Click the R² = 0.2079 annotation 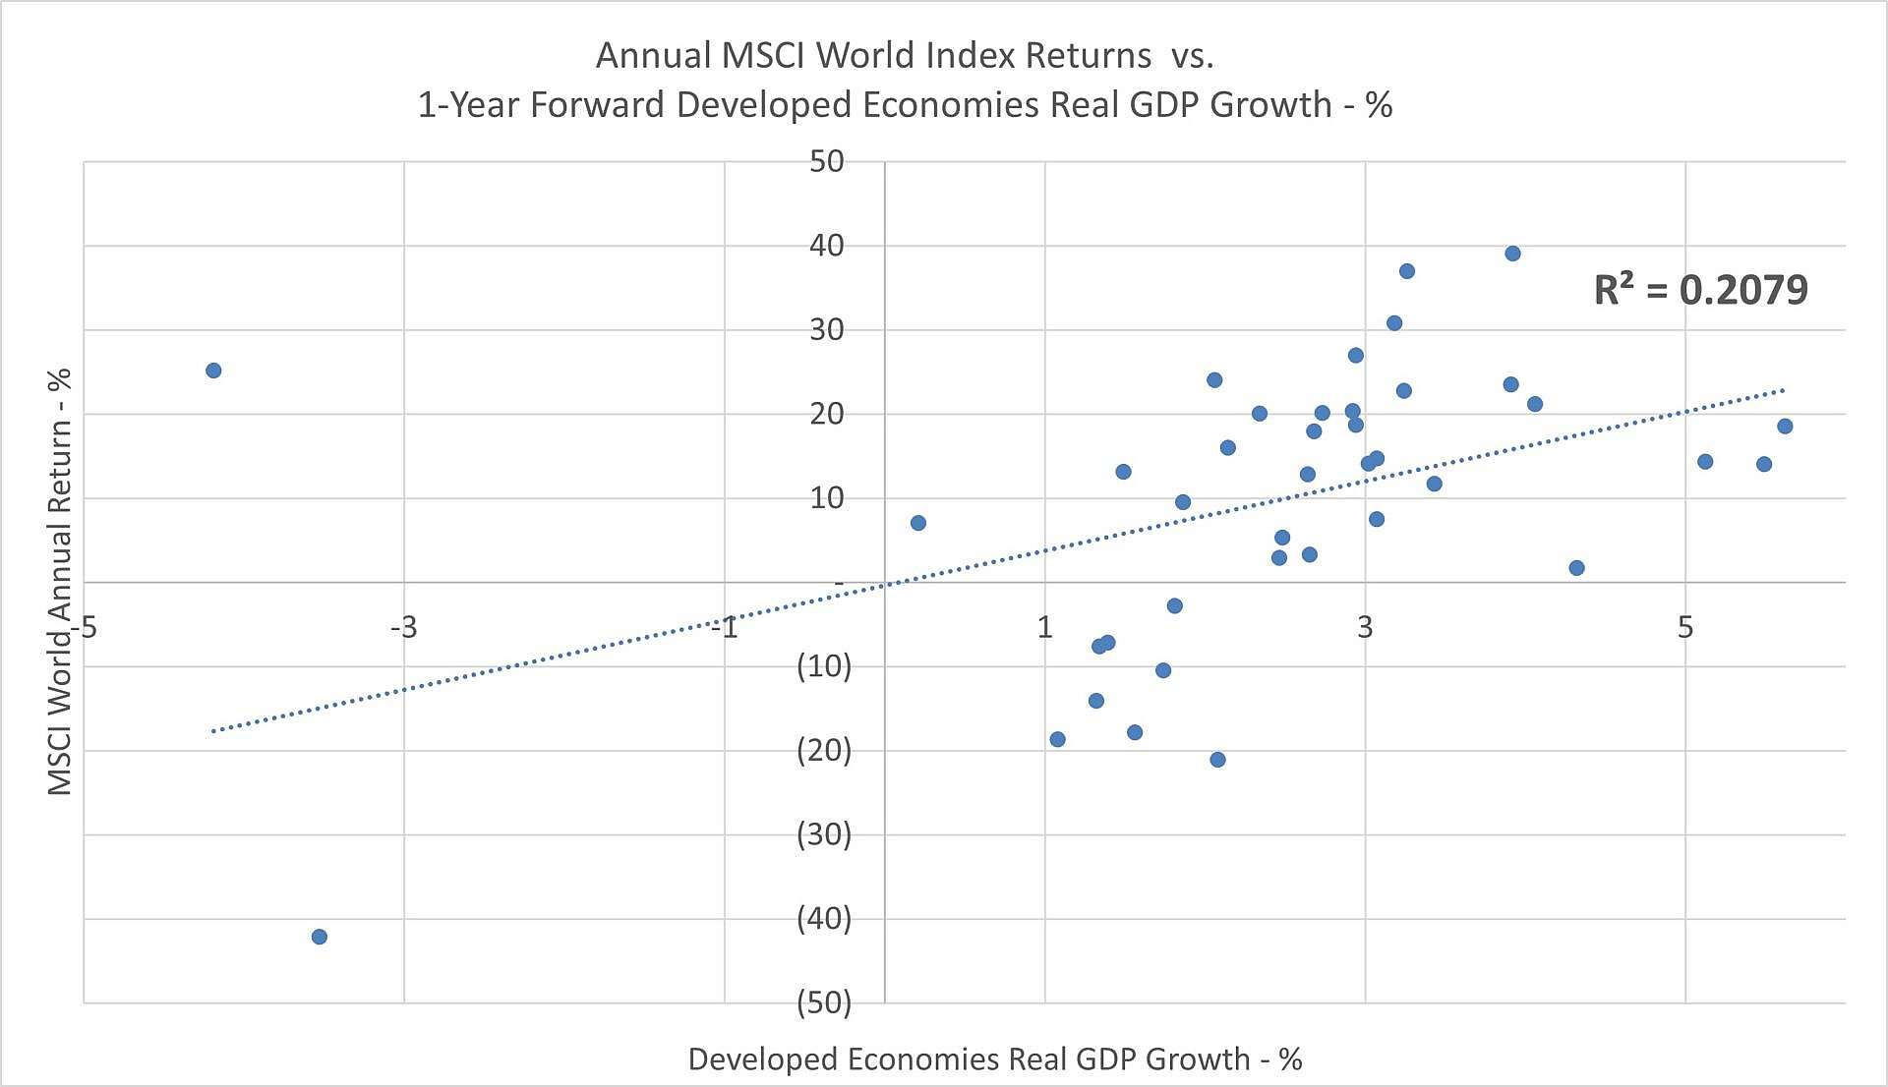[x=1700, y=290]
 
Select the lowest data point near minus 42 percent [x=319, y=937]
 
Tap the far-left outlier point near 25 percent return [x=213, y=371]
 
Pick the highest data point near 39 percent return [x=1512, y=254]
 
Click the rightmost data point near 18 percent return [x=1785, y=427]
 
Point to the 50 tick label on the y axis [x=826, y=161]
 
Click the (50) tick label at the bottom [x=824, y=1002]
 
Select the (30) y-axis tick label [x=824, y=834]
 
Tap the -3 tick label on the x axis [x=403, y=627]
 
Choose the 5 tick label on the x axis [x=1685, y=627]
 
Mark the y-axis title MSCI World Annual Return [x=60, y=582]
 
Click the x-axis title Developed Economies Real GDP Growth [x=994, y=1058]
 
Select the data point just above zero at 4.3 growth [x=1576, y=568]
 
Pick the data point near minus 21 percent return [x=1217, y=760]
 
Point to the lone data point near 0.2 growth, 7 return [x=917, y=523]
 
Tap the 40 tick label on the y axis [x=826, y=246]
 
